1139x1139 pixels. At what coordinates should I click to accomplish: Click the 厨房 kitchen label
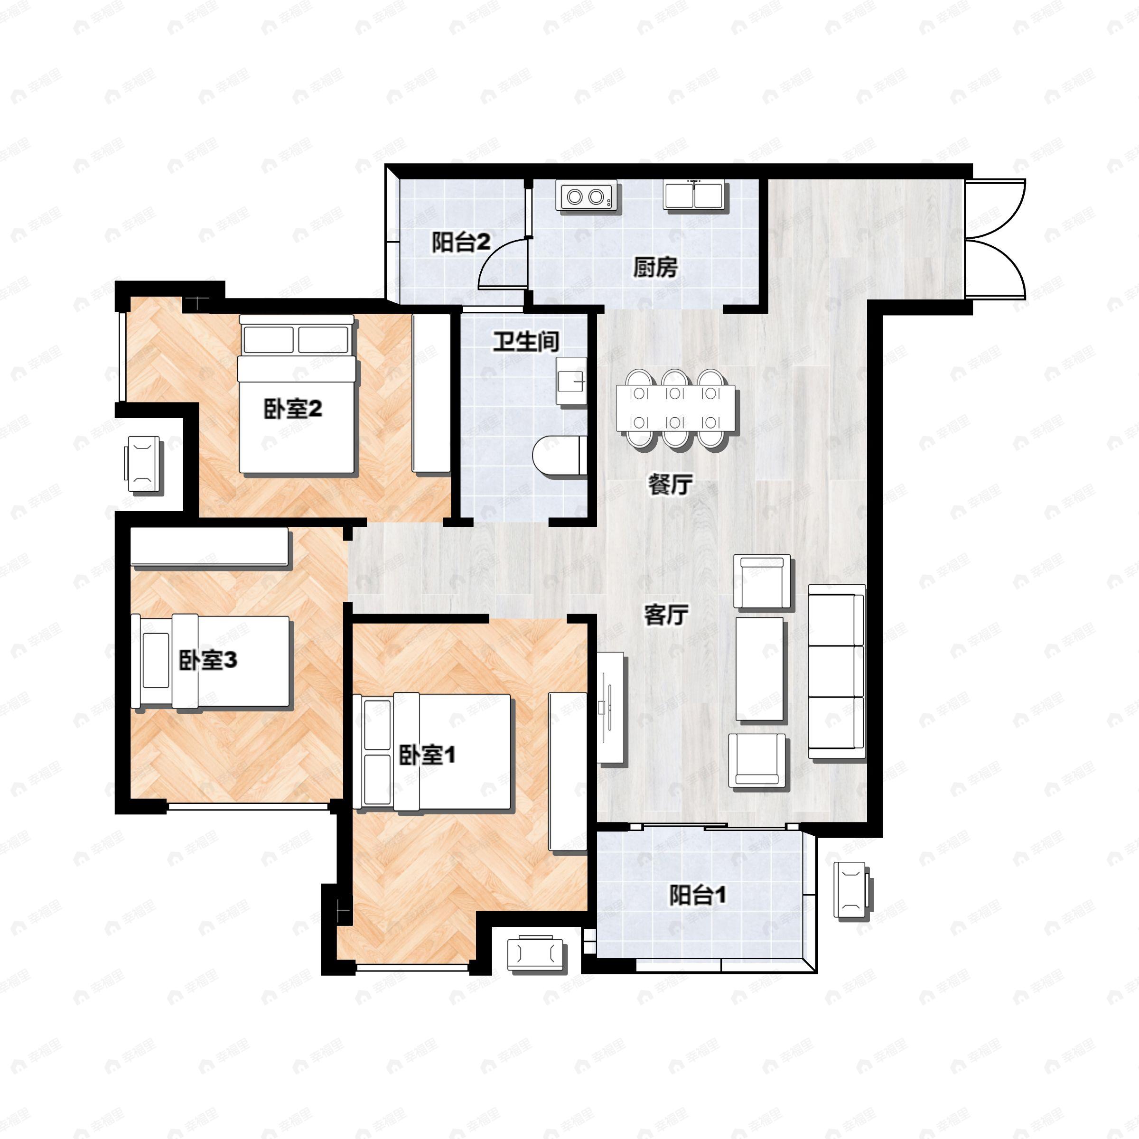click(655, 268)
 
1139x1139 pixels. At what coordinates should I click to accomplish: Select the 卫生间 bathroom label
click(526, 341)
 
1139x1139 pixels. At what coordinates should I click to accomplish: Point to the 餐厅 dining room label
click(670, 485)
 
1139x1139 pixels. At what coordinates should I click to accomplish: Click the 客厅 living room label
click(666, 616)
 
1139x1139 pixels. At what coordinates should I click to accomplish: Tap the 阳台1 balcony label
click(698, 896)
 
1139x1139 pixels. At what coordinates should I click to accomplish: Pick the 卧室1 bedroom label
click(428, 755)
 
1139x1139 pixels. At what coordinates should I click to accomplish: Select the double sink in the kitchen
click(696, 195)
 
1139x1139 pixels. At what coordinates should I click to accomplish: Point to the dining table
click(676, 408)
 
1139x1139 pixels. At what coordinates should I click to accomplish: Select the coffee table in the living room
click(760, 669)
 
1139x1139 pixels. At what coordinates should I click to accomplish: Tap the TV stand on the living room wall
click(611, 708)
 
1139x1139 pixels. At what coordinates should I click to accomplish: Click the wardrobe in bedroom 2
click(431, 393)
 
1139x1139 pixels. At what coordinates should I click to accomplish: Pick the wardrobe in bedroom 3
click(209, 548)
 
